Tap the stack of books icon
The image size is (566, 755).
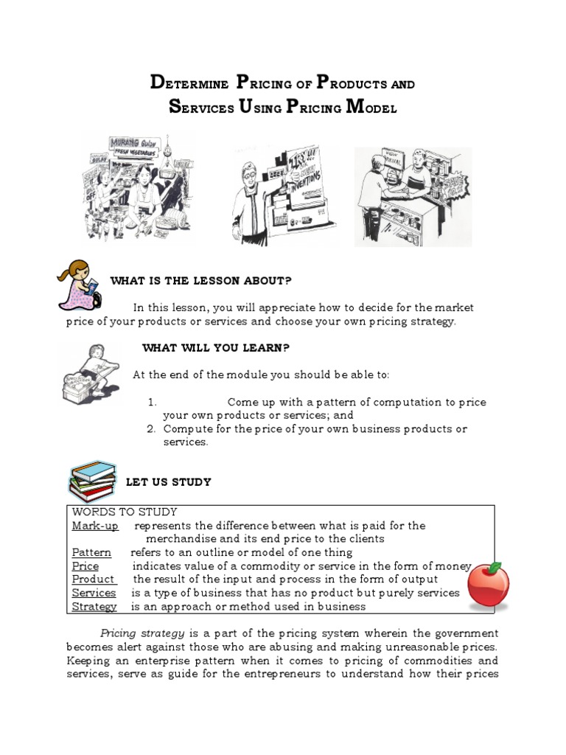click(x=92, y=482)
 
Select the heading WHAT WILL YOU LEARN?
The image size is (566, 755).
click(x=211, y=348)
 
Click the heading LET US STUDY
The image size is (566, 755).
click(x=168, y=482)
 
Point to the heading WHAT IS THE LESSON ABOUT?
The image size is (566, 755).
click(x=200, y=280)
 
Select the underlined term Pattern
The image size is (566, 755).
click(x=91, y=552)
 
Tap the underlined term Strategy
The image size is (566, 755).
click(x=94, y=607)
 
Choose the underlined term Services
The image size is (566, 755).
click(x=94, y=593)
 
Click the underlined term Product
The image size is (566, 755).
click(x=94, y=580)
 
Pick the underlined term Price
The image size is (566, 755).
click(x=85, y=566)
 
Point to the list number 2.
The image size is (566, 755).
click(x=150, y=428)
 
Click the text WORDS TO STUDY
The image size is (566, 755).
click(x=125, y=512)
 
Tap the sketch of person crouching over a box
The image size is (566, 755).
click(x=89, y=376)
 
